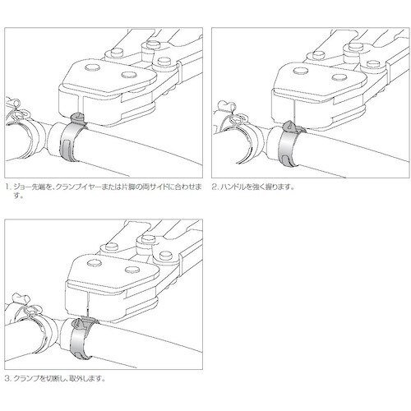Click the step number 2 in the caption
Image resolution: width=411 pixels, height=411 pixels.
pos(215,187)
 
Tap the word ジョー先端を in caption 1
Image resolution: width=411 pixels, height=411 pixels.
pos(31,187)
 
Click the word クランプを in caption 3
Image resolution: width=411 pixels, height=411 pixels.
pos(30,379)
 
